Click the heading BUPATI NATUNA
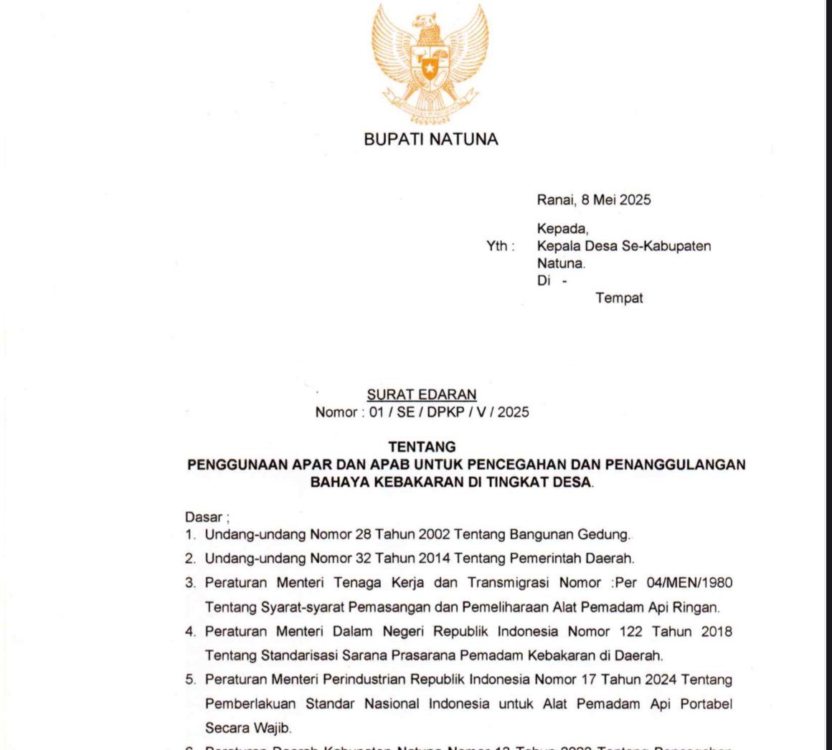click(430, 140)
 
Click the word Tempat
click(619, 298)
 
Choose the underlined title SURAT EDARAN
click(422, 394)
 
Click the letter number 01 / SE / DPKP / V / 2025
click(449, 412)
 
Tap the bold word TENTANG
click(422, 447)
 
